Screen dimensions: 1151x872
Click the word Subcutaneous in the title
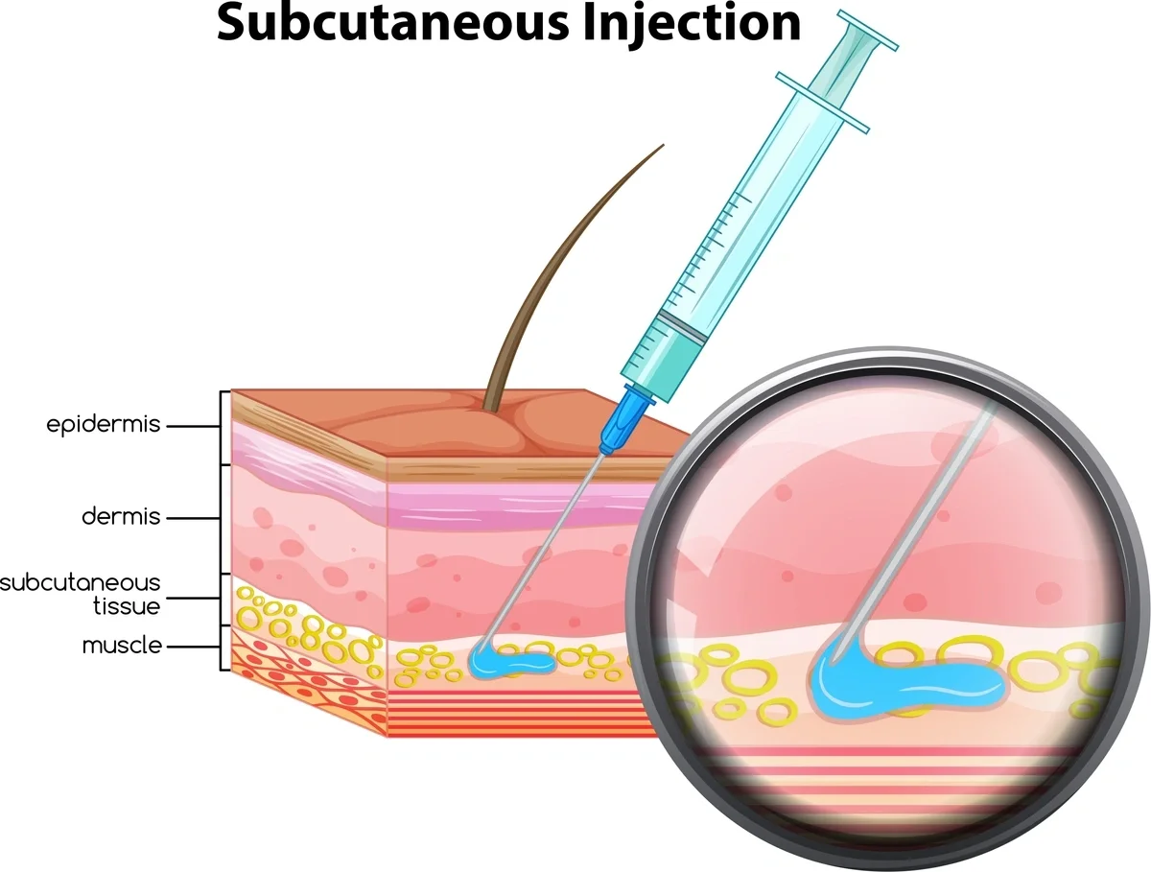(x=392, y=23)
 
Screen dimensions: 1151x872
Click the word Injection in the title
(x=693, y=25)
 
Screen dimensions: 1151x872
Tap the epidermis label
(x=104, y=425)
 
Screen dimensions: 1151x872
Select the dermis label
(x=121, y=517)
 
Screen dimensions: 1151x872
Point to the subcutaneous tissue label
(x=81, y=595)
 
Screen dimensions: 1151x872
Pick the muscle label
(x=122, y=646)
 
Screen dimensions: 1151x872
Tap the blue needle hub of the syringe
(x=625, y=418)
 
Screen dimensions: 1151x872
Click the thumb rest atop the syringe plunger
(x=868, y=30)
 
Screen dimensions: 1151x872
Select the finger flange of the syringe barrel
(x=822, y=103)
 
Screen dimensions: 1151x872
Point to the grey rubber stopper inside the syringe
(x=682, y=326)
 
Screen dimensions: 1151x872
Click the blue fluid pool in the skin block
(x=509, y=661)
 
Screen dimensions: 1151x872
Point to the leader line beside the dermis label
(x=193, y=518)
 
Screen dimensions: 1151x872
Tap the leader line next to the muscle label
(x=193, y=647)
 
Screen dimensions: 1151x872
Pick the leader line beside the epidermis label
(x=193, y=426)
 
